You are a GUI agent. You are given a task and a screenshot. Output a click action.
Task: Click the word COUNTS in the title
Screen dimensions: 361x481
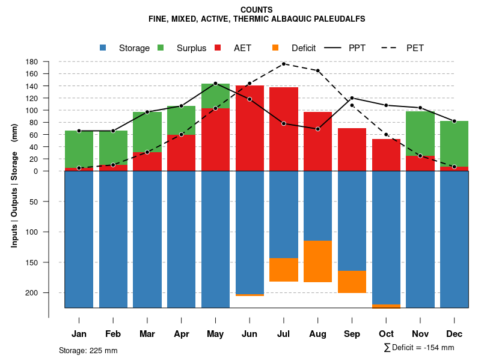(256, 10)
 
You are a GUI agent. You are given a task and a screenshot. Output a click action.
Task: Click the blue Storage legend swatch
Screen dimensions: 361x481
(103, 48)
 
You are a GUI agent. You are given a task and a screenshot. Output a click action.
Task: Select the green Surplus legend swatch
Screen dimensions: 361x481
(161, 48)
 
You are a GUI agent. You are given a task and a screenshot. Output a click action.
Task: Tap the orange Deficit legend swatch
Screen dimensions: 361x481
(275, 48)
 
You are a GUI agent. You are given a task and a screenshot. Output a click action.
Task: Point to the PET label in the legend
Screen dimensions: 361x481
(415, 48)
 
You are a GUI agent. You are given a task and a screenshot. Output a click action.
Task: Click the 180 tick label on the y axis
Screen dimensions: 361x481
(32, 62)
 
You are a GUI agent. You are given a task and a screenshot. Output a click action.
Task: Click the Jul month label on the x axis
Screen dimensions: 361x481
(284, 334)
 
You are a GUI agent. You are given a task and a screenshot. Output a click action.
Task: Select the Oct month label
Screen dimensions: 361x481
(387, 334)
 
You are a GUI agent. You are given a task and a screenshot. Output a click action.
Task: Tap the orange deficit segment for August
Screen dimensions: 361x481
(318, 261)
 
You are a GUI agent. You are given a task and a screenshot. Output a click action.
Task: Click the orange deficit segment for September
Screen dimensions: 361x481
(352, 282)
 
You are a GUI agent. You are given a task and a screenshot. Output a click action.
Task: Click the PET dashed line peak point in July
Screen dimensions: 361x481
(284, 64)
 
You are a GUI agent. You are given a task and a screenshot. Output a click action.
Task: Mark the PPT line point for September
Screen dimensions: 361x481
(352, 97)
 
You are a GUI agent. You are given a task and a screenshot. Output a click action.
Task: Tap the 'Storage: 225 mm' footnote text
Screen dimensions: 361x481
(88, 350)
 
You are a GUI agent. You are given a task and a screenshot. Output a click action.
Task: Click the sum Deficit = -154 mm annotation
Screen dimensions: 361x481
(418, 348)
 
